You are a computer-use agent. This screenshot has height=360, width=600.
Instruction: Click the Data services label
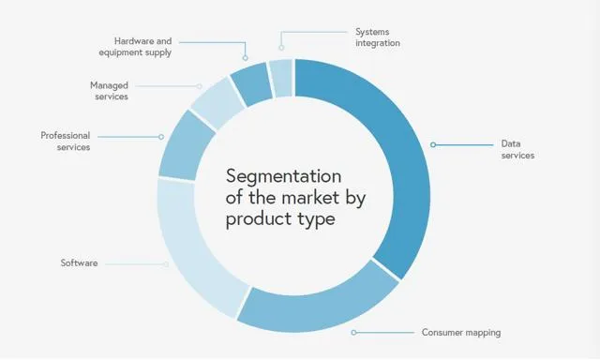pyautogui.click(x=517, y=150)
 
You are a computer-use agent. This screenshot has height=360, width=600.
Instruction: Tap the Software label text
pyautogui.click(x=79, y=263)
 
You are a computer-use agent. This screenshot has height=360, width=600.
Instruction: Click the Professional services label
pyautogui.click(x=65, y=142)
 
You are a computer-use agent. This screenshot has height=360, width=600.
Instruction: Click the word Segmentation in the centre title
pyautogui.click(x=284, y=177)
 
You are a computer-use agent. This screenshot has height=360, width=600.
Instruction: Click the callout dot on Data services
pyautogui.click(x=433, y=144)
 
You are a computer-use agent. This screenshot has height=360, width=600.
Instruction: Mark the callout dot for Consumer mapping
pyautogui.click(x=353, y=333)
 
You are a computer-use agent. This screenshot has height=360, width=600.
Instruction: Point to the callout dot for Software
pyautogui.click(x=166, y=263)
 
